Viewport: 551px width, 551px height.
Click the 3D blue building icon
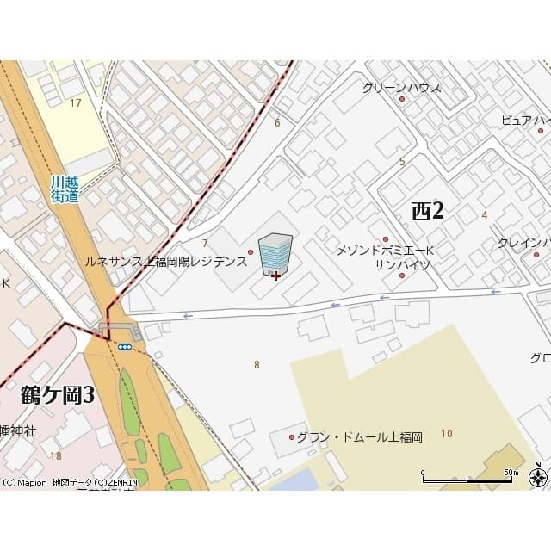[x=275, y=253]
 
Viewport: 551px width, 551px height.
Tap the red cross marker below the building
[x=275, y=275]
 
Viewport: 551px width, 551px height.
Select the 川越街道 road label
[x=65, y=189]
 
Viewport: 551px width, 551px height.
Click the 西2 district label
[x=427, y=210]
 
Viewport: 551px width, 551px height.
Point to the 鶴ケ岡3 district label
[x=57, y=395]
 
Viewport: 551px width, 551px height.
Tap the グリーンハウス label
[x=401, y=87]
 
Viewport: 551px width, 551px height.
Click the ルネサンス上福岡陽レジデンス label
[x=164, y=259]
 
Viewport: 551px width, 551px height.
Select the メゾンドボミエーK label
[x=385, y=251]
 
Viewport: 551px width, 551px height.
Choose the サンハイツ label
[x=402, y=265]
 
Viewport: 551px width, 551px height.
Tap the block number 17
[x=76, y=103]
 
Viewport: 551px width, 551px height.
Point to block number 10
[x=446, y=433]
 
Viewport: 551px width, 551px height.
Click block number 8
[x=257, y=365]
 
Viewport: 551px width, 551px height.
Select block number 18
[x=56, y=455]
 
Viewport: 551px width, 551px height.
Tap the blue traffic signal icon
[x=125, y=347]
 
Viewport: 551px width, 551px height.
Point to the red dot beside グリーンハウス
[x=402, y=100]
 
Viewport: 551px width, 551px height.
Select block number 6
[x=277, y=122]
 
